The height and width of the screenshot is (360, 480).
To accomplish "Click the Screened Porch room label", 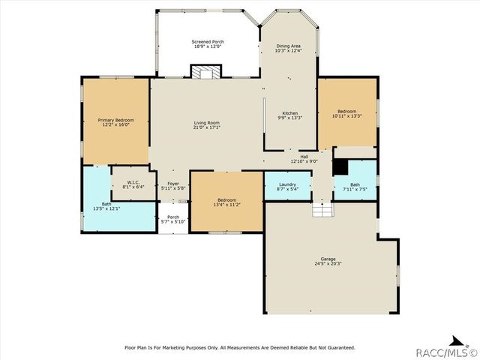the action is tap(208, 42).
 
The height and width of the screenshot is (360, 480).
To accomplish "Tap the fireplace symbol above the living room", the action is tap(206, 72).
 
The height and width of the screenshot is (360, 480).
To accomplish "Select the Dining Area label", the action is tap(288, 46).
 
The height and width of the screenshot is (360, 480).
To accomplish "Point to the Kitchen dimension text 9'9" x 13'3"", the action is tap(290, 118).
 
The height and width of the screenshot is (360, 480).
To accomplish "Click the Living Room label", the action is tap(207, 123).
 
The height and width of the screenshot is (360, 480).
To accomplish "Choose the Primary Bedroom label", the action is tap(115, 120).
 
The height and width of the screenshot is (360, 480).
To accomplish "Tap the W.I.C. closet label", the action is tap(133, 182).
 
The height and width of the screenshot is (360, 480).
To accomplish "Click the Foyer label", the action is tap(173, 184).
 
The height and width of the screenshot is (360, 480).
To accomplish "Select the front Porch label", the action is tap(173, 217).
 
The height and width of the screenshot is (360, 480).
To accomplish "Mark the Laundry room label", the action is tap(287, 184).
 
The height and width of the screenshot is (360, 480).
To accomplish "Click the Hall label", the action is tap(304, 157).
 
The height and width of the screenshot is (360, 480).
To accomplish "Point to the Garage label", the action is tap(328, 259).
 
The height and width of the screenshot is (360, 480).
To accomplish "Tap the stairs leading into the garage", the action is tap(322, 210).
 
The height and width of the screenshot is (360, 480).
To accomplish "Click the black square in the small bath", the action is tap(340, 167).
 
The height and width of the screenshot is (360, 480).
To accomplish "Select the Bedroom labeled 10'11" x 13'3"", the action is tap(346, 113).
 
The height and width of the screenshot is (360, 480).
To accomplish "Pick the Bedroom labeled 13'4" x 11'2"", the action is tap(226, 202).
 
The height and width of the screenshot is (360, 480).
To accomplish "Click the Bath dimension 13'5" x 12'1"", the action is tap(106, 208).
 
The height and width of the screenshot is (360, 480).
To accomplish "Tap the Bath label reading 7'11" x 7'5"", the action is tap(355, 187).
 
